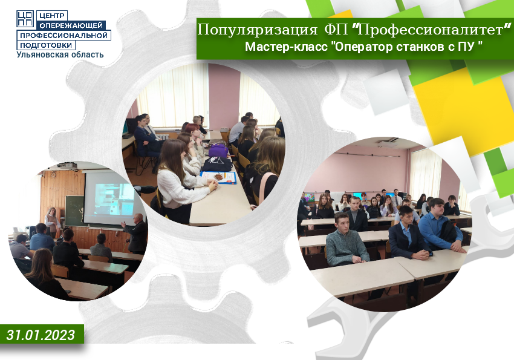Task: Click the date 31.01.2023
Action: point(41,335)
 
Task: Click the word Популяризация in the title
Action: point(258,30)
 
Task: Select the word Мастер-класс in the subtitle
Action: point(286,47)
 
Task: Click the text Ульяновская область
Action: point(60,54)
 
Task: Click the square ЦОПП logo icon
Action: point(25,18)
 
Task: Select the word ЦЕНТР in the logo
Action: point(52,15)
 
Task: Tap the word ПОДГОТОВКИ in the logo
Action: point(46,45)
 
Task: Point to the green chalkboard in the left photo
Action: point(74,210)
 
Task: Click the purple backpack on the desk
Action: point(218,151)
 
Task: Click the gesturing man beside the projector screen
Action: point(135,233)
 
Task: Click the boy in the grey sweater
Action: point(346,241)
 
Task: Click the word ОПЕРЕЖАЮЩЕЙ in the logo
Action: point(71,25)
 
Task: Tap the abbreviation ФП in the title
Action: point(336,30)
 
